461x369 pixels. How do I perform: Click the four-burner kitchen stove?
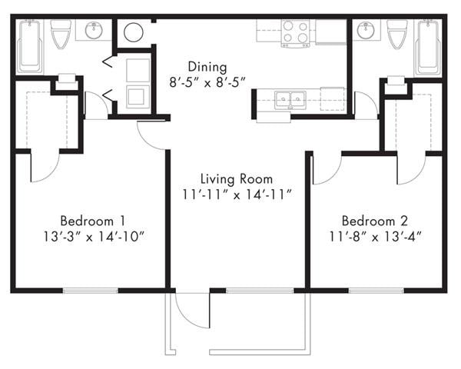click(x=295, y=33)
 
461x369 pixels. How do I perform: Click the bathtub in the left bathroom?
click(x=30, y=46)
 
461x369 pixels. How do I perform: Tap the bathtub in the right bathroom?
click(x=427, y=46)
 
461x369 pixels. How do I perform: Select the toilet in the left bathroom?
click(x=61, y=33)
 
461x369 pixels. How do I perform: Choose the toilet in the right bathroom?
click(x=397, y=33)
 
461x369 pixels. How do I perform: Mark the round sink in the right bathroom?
click(x=365, y=32)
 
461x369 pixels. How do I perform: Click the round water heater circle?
click(x=134, y=32)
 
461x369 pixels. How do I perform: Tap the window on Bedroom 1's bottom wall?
click(x=90, y=290)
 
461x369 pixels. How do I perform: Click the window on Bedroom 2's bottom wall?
click(x=376, y=290)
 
